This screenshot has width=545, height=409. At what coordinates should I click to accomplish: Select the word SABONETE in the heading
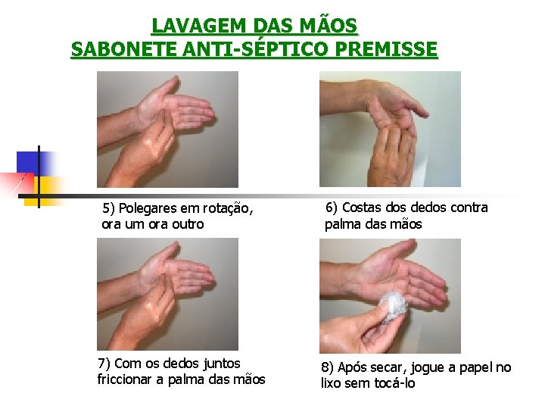point(123,48)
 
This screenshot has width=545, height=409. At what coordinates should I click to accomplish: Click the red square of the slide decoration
point(17,183)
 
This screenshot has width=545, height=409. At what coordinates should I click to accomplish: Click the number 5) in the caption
point(108,208)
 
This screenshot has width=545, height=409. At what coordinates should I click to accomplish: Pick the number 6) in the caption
point(332,208)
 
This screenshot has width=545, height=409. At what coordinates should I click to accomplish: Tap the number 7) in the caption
point(104,364)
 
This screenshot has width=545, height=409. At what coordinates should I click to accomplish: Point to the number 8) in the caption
point(327,367)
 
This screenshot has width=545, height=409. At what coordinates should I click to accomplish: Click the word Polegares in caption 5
point(148,209)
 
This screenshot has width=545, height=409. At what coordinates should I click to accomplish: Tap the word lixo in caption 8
point(332,383)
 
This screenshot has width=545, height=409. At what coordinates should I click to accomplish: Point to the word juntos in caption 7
point(222,364)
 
